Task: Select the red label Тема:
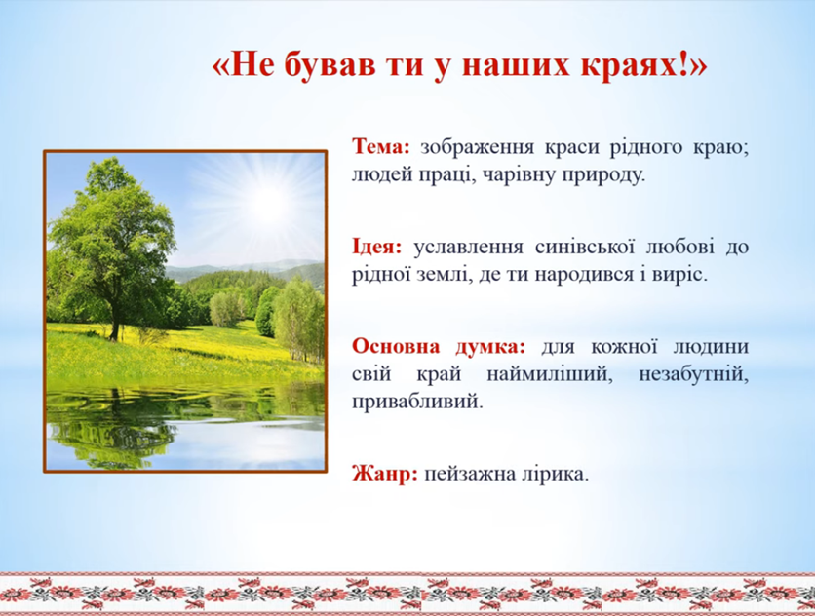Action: click(x=381, y=146)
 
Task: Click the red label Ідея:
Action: click(x=377, y=247)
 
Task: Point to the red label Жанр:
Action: click(x=385, y=474)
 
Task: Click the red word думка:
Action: click(x=490, y=347)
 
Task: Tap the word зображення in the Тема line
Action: click(x=477, y=147)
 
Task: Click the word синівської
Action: click(x=584, y=247)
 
